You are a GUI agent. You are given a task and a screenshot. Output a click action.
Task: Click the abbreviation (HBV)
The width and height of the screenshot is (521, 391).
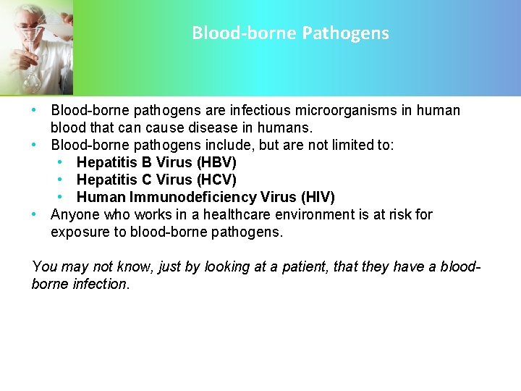(216, 162)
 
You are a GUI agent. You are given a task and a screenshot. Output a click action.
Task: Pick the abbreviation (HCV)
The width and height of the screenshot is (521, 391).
(216, 180)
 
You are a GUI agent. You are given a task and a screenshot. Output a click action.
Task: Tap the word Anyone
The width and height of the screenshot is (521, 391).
(76, 214)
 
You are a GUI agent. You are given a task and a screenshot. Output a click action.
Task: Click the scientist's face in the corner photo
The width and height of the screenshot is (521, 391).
(27, 33)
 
